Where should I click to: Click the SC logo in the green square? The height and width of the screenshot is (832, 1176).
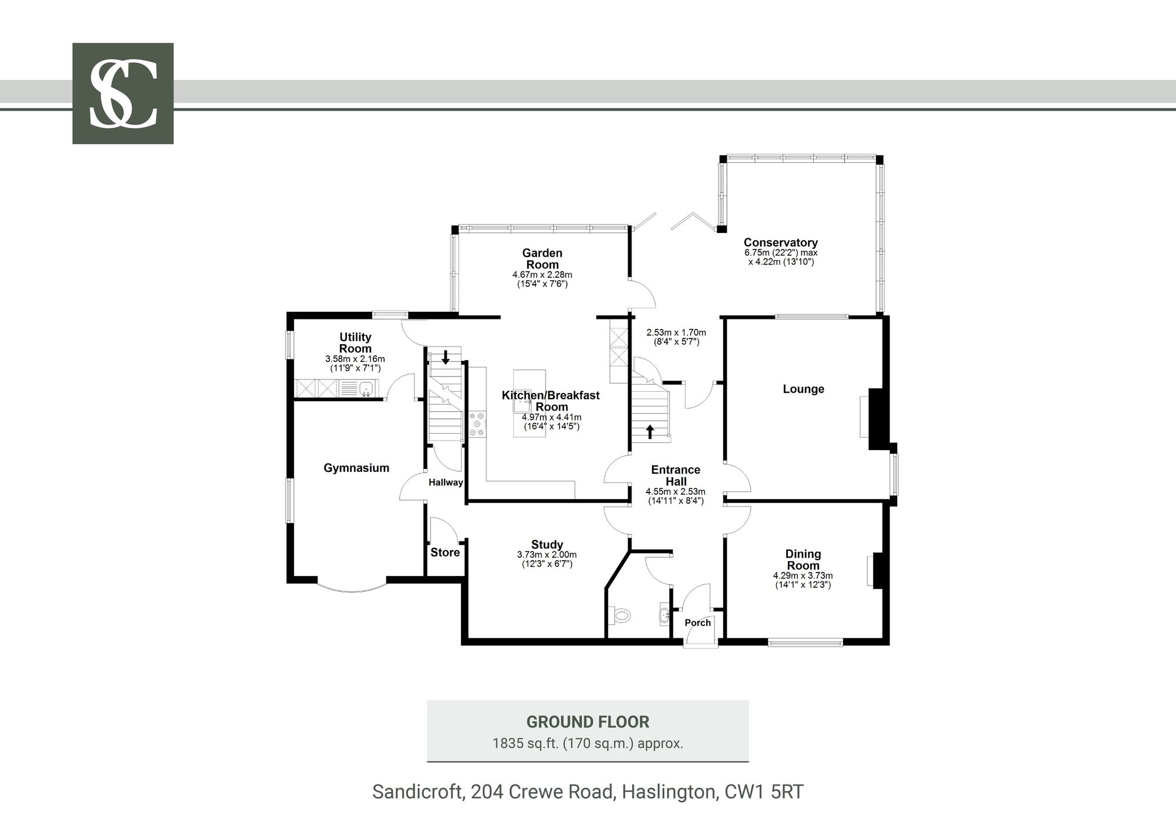click(x=123, y=94)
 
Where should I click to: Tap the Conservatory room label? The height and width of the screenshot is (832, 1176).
click(x=780, y=242)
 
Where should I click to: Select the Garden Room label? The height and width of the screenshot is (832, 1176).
click(x=542, y=259)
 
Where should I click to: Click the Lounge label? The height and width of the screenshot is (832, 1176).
click(x=803, y=389)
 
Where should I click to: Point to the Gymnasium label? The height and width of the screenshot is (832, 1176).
click(x=356, y=468)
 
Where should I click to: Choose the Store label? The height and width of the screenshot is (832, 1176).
click(x=445, y=553)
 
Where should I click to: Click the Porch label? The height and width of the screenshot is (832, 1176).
click(x=697, y=623)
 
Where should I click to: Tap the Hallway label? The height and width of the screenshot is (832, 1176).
click(x=446, y=482)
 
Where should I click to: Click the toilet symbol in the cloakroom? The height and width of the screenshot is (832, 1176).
click(x=619, y=616)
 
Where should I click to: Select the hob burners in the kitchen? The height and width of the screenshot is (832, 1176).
click(x=477, y=424)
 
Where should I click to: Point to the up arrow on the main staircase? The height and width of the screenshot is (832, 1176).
click(x=650, y=432)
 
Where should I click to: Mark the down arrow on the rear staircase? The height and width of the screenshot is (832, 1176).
click(x=446, y=357)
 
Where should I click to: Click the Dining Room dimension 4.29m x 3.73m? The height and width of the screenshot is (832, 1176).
click(x=803, y=576)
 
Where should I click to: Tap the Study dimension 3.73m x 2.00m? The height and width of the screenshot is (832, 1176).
click(x=547, y=555)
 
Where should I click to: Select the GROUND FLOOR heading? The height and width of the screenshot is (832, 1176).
click(x=587, y=722)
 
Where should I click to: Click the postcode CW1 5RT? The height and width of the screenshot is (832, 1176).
click(x=764, y=792)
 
